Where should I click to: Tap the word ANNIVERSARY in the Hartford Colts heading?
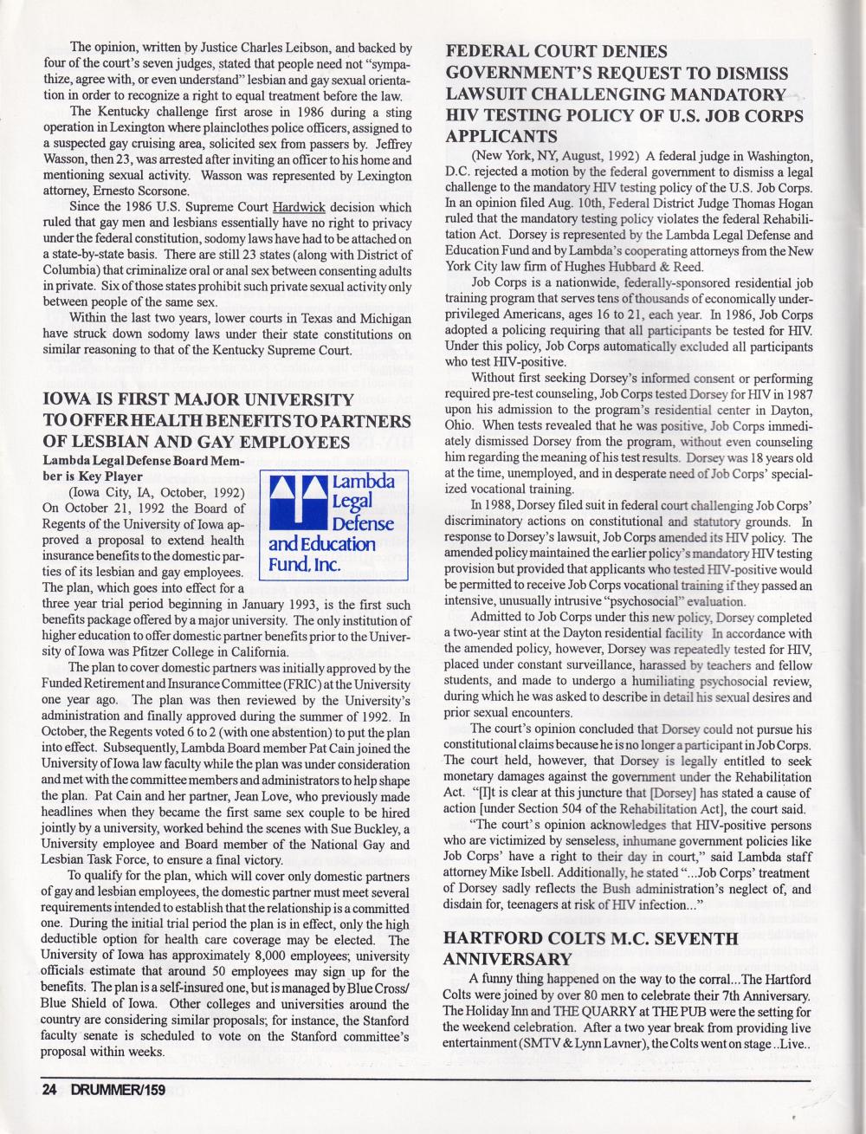point(509,959)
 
